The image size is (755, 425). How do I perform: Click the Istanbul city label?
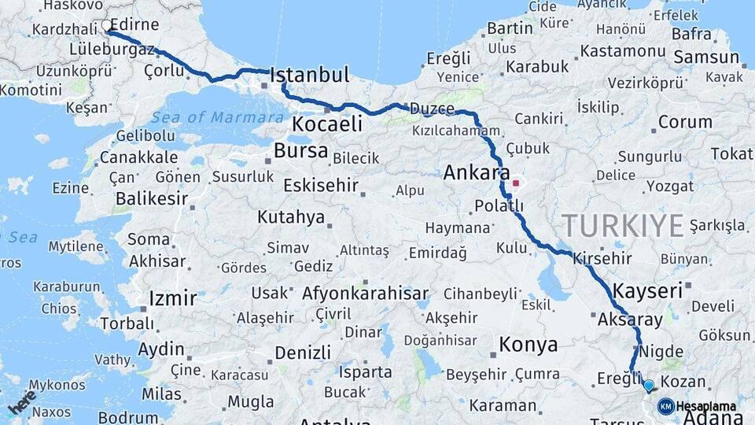click(x=309, y=76)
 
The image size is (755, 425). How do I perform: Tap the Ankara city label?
click(x=477, y=172)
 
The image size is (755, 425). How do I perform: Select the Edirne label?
click(x=136, y=24)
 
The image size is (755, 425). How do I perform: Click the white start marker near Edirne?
click(x=107, y=26)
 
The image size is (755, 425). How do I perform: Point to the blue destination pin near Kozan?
click(x=648, y=386)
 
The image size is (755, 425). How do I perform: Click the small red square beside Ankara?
click(x=516, y=183)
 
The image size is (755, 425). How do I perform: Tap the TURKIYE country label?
click(x=623, y=226)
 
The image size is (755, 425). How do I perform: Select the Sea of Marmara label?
click(x=217, y=117)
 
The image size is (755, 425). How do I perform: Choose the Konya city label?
click(x=528, y=345)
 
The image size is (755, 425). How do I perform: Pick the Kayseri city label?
click(x=647, y=290)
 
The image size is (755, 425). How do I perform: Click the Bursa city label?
click(x=301, y=150)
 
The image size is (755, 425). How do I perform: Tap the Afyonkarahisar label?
click(x=366, y=294)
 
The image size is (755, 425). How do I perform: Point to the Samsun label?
click(x=707, y=57)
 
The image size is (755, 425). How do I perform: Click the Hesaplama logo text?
click(x=706, y=407)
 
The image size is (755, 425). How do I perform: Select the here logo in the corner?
click(x=21, y=401)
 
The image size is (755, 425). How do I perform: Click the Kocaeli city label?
click(x=327, y=124)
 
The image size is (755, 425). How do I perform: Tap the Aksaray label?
click(x=631, y=320)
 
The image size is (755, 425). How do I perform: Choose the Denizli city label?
click(x=303, y=352)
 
